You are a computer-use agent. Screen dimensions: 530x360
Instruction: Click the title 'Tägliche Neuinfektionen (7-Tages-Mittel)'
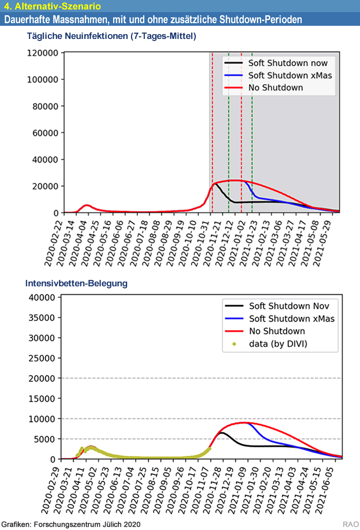(x=111, y=36)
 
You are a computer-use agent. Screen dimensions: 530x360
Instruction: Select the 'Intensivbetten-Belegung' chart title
(x=76, y=283)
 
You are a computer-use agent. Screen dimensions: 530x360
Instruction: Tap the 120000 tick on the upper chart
(x=42, y=53)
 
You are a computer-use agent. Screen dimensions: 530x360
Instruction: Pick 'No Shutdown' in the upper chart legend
(x=275, y=87)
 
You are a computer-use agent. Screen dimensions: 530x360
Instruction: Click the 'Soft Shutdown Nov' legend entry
(x=292, y=306)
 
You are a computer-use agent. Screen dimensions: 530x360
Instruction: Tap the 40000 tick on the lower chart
(x=41, y=297)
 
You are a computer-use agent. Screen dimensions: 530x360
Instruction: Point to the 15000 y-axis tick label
(x=41, y=398)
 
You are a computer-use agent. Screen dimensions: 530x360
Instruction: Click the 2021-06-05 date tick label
(x=335, y=484)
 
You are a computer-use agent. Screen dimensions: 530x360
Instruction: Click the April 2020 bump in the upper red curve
(x=87, y=205)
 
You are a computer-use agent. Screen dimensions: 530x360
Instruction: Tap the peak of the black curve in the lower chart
(x=222, y=433)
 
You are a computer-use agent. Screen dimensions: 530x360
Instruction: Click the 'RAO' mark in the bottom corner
(x=349, y=524)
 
